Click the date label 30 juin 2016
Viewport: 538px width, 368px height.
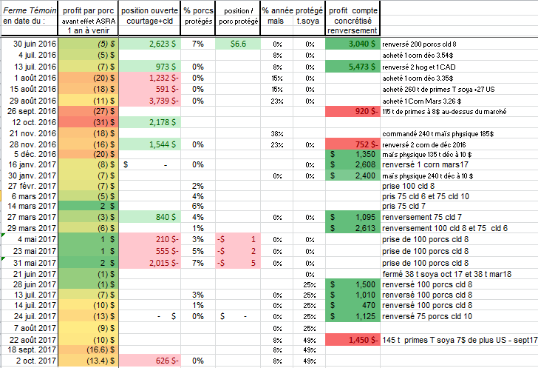click(35, 44)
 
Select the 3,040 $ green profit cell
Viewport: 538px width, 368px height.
click(353, 44)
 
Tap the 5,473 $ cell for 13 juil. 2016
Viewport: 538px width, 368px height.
click(353, 67)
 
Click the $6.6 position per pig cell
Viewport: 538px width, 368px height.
click(237, 44)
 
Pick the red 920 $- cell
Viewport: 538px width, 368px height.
click(353, 110)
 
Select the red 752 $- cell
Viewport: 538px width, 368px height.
click(353, 144)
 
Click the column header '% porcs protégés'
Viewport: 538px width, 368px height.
click(198, 17)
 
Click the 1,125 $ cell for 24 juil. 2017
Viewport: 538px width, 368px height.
click(353, 316)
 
